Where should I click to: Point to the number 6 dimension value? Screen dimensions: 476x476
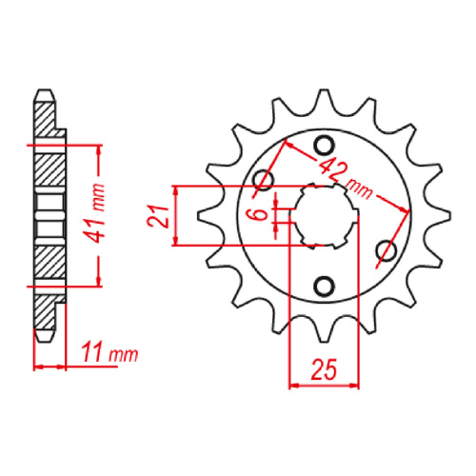(257, 214)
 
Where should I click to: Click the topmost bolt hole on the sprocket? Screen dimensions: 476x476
(323, 145)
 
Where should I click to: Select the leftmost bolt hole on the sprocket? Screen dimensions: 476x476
(264, 180)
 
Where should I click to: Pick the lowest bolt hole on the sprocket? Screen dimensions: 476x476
(324, 286)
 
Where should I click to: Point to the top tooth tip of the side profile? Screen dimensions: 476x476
(43, 92)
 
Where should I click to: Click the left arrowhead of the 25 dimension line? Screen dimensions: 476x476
(293, 386)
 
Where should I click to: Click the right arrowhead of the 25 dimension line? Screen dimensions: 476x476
(357, 386)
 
